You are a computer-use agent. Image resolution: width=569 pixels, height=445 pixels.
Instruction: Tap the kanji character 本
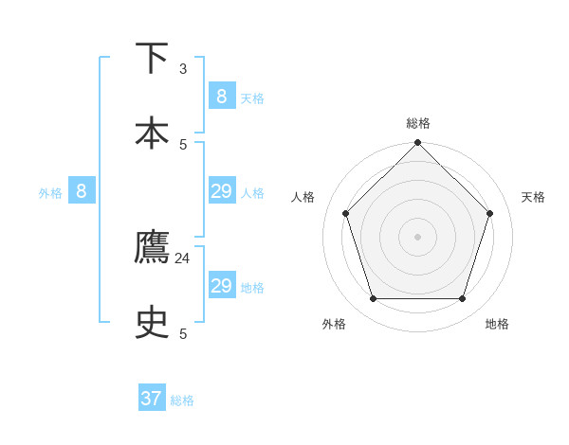(153, 133)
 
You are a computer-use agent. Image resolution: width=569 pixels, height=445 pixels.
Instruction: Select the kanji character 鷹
(153, 248)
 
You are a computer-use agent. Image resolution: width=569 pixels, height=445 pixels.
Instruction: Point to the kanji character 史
(153, 324)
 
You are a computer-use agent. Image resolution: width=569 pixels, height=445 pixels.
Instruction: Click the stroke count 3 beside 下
(183, 69)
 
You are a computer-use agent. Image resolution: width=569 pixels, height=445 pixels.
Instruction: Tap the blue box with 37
(152, 399)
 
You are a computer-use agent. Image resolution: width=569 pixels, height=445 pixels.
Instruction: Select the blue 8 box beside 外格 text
(82, 191)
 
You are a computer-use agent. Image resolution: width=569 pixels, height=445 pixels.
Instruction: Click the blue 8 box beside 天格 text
(221, 96)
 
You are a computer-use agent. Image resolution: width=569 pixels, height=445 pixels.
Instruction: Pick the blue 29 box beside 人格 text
(221, 191)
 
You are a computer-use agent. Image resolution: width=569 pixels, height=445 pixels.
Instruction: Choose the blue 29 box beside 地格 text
(221, 286)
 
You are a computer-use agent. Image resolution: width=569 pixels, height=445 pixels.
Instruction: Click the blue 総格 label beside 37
(182, 400)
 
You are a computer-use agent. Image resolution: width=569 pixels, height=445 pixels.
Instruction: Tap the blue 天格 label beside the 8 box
(252, 98)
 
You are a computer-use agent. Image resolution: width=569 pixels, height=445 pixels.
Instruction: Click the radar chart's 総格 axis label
(418, 123)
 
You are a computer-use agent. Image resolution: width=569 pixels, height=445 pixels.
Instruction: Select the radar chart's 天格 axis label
(533, 197)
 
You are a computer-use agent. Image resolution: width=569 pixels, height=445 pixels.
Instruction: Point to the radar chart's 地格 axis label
(497, 324)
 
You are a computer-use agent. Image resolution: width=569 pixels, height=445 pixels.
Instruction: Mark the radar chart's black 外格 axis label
(334, 324)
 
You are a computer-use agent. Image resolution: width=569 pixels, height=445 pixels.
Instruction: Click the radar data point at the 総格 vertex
(417, 143)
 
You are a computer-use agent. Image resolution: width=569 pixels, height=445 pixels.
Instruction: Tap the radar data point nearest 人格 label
(345, 213)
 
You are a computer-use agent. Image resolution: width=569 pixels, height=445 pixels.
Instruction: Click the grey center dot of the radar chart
(417, 236)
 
